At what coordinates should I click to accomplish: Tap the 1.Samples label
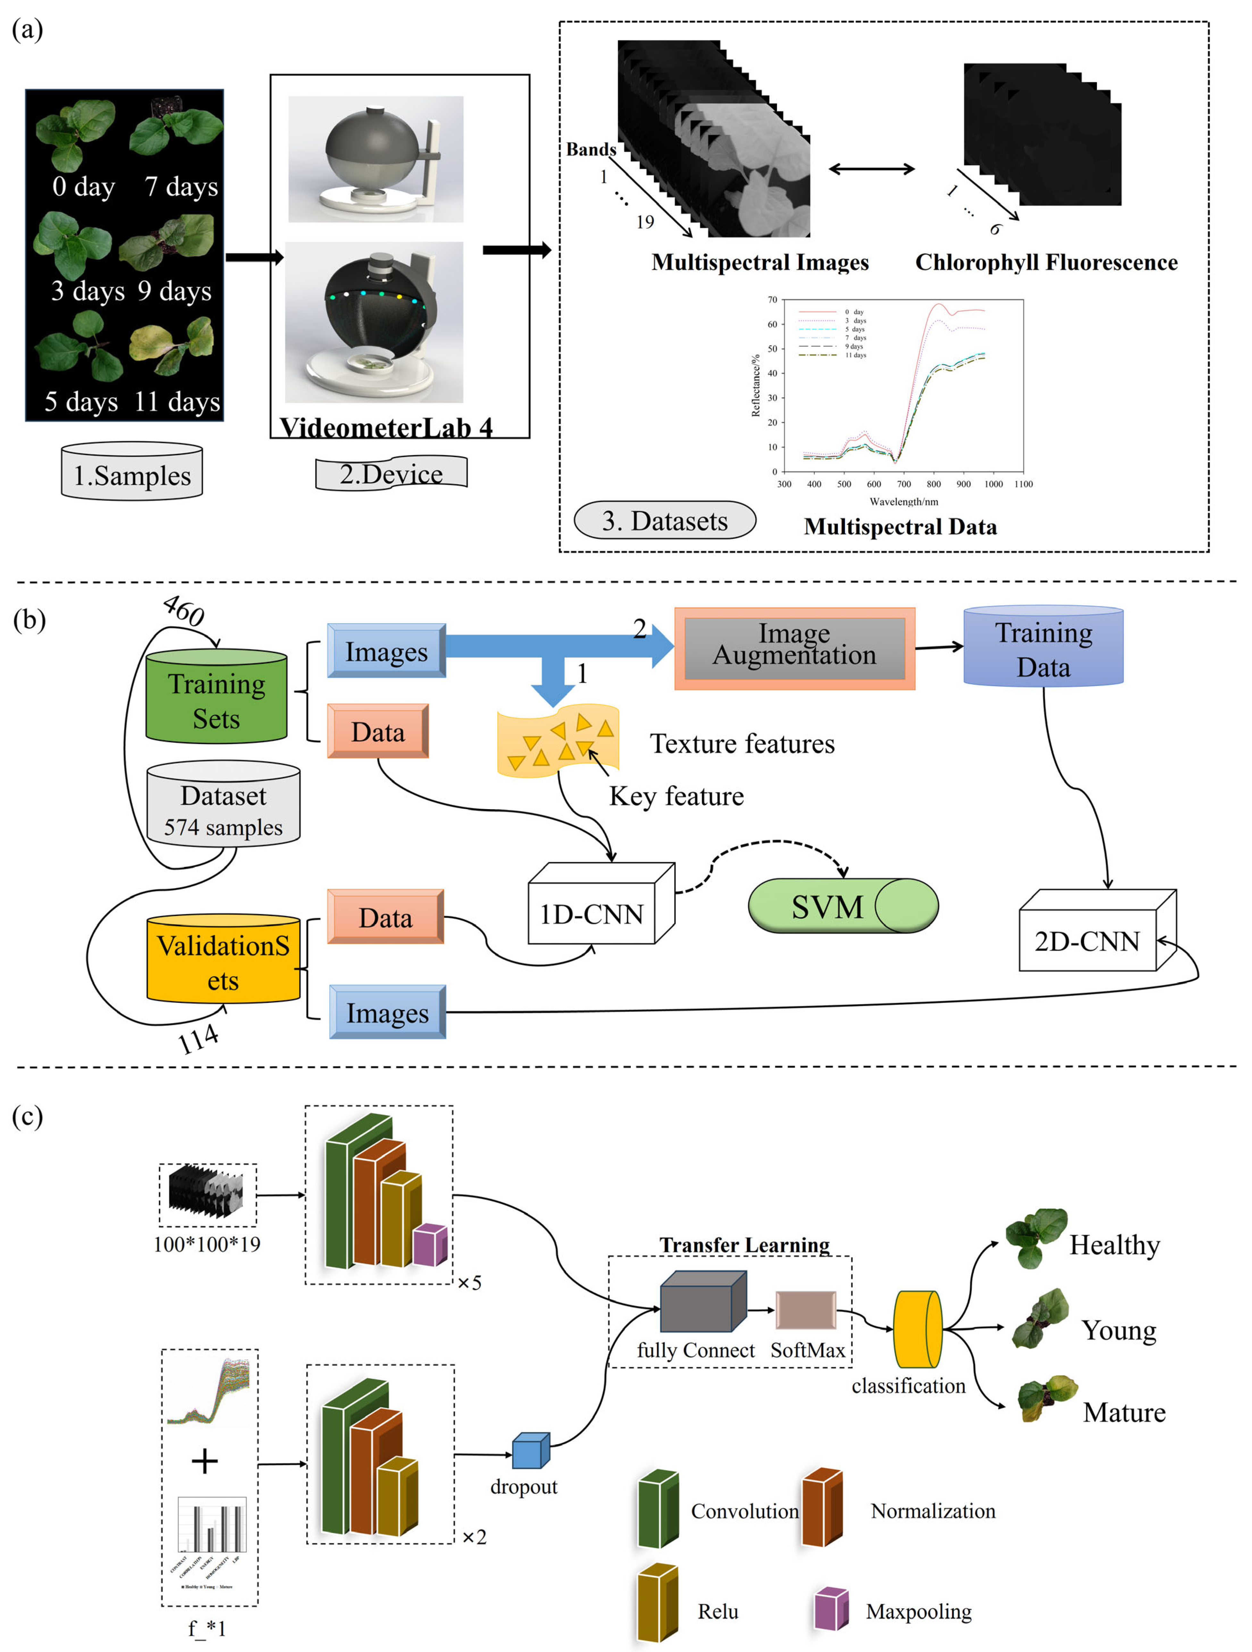click(132, 475)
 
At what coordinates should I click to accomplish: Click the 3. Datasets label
click(664, 521)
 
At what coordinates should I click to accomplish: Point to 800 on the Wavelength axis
click(934, 484)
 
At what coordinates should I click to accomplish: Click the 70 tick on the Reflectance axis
click(772, 300)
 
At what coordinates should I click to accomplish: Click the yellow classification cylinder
click(918, 1329)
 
